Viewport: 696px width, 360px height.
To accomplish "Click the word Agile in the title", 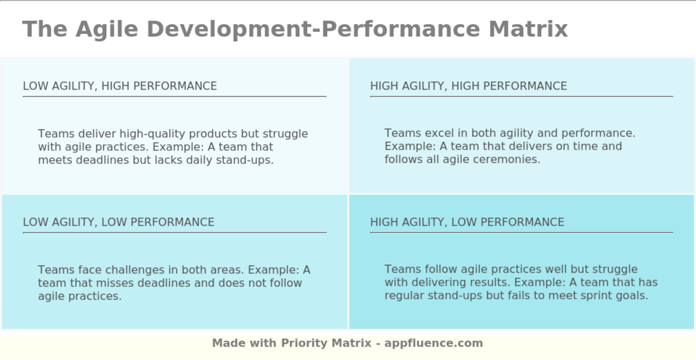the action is [106, 30].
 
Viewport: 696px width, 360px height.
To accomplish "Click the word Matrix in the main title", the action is [528, 29].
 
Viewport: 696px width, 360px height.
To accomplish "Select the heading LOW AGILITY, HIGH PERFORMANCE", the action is [120, 86].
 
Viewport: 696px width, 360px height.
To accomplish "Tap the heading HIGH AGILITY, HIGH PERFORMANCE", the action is [468, 86].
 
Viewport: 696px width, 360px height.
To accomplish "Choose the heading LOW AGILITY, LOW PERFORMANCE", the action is [119, 222].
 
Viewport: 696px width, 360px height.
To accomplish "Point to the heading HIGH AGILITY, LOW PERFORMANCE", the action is [467, 222].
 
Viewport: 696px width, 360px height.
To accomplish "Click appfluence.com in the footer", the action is [434, 343].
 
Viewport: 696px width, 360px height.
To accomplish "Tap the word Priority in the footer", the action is [304, 343].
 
